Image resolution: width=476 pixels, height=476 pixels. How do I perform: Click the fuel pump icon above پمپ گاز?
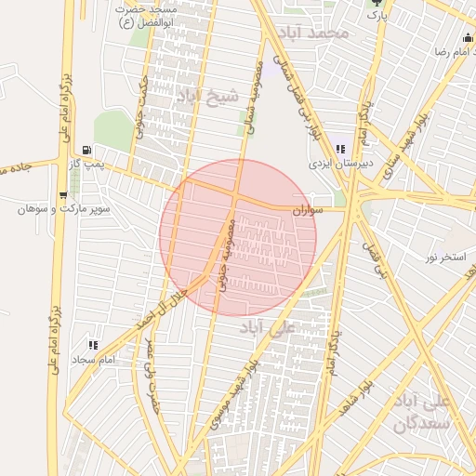[x=86, y=149]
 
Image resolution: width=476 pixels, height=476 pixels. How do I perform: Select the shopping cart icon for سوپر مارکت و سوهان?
[x=62, y=195]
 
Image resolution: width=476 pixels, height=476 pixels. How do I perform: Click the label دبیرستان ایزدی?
[x=341, y=163]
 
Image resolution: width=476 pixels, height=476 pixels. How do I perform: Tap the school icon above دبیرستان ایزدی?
[x=341, y=149]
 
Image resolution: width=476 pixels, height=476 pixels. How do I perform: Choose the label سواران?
[x=308, y=211]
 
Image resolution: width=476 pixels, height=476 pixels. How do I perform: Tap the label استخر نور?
[x=445, y=255]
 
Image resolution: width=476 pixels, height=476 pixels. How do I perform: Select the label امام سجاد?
[x=92, y=359]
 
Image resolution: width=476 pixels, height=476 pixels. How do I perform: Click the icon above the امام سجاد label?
[x=92, y=345]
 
